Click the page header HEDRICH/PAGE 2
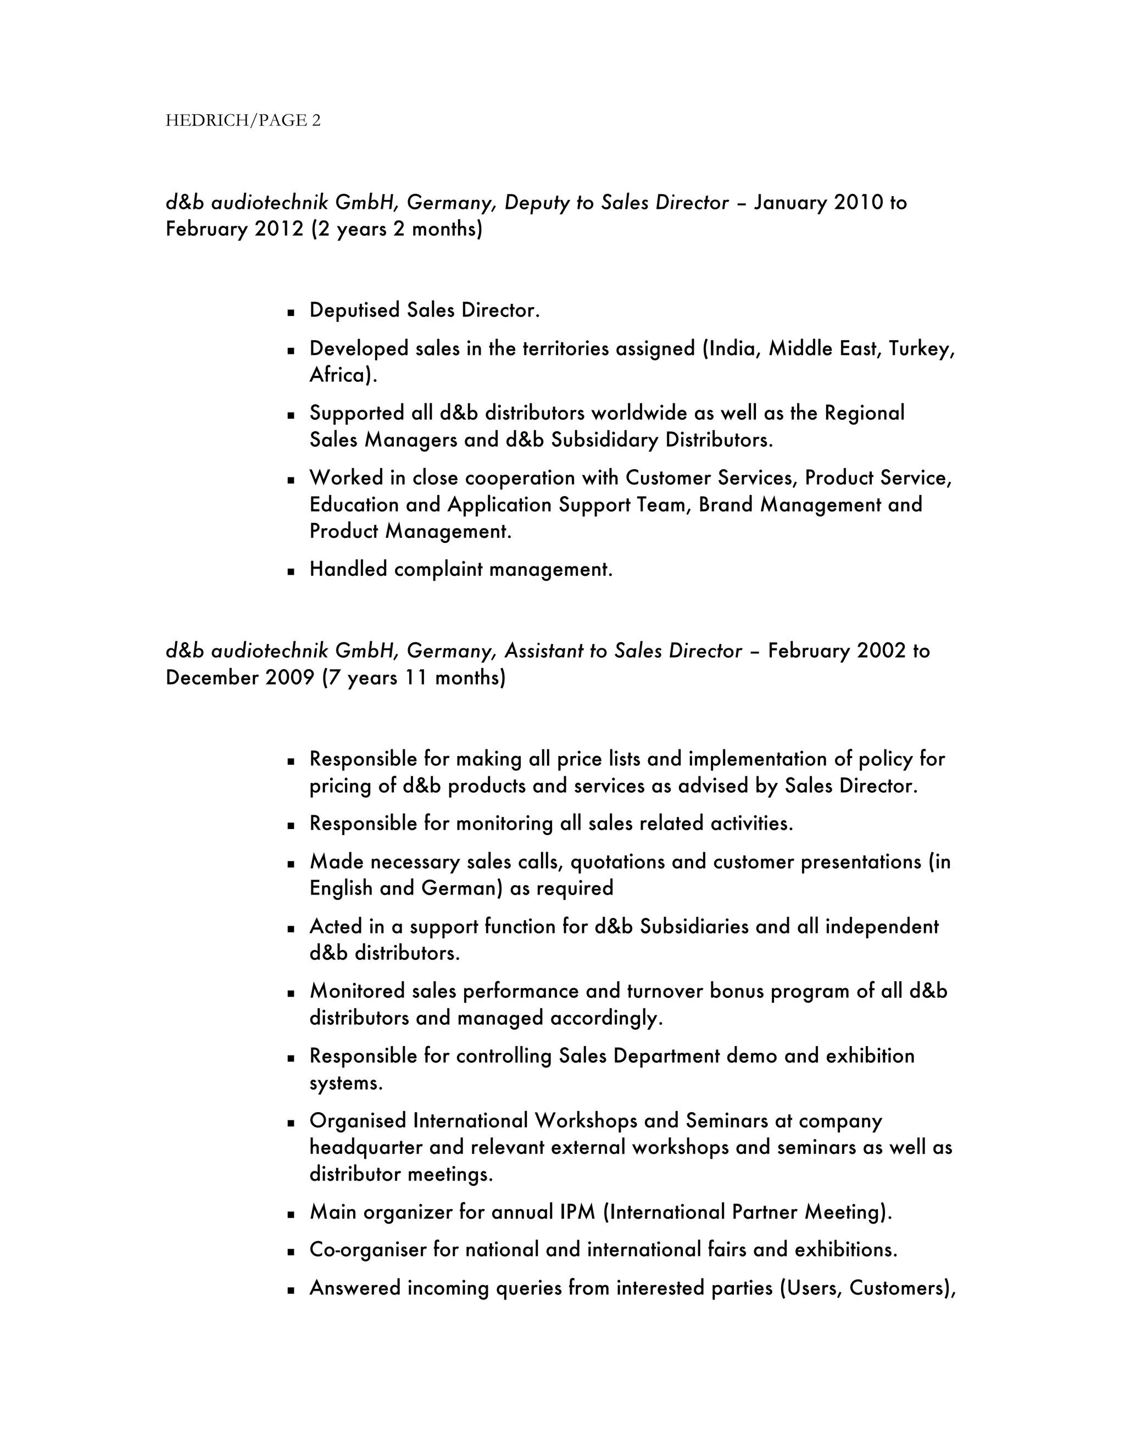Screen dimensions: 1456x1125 pyautogui.click(x=243, y=121)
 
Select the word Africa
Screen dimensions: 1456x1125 pyautogui.click(x=339, y=375)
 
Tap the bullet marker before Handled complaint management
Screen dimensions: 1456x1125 pyautogui.click(x=291, y=571)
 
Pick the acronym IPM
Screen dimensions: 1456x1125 pyautogui.click(x=577, y=1212)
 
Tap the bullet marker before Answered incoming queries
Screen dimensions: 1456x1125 pyautogui.click(x=291, y=1290)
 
